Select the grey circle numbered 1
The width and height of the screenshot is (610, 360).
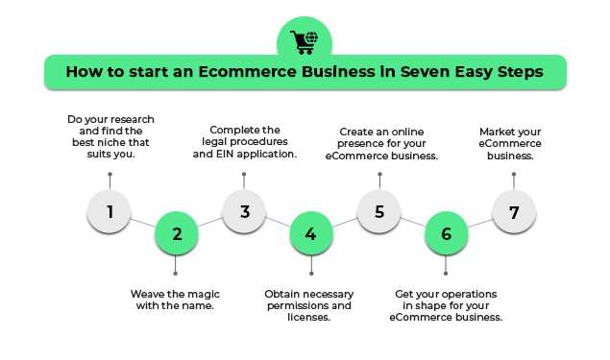110,211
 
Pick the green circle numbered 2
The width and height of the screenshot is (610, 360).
177,233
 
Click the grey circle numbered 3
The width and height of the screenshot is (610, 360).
245,211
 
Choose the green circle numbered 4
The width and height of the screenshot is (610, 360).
311,233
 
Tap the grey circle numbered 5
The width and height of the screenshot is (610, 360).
379,211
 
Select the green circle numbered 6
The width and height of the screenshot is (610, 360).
446,233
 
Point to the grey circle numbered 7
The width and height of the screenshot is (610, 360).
514,211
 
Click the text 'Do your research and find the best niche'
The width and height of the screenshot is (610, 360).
110,135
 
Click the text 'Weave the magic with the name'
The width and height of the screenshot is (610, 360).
177,300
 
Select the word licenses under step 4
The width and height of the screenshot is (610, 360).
309,317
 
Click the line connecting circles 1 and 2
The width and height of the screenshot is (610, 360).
144,223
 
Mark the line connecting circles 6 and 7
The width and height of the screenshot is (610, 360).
480,223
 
